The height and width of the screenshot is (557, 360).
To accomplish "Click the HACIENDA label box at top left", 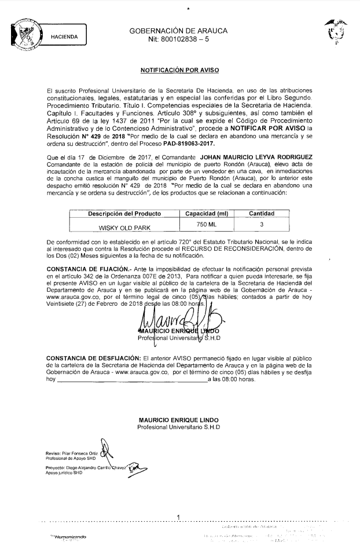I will (x=65, y=36).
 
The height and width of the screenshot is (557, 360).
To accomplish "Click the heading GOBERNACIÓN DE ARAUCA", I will (x=178, y=30).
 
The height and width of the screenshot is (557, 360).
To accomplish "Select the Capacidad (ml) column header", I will (x=207, y=214).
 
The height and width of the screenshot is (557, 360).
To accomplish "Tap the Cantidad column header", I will (x=262, y=214).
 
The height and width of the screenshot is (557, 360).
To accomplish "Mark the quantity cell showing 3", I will (x=262, y=224).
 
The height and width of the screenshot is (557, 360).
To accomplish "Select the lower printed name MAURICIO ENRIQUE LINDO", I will (x=178, y=420).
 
